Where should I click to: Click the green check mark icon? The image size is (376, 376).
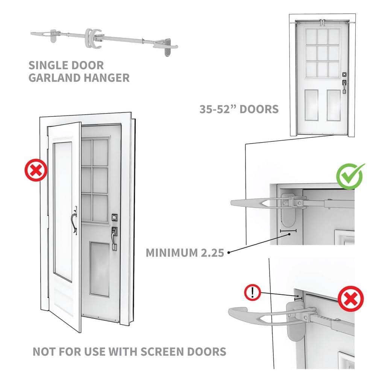pyautogui.click(x=350, y=176)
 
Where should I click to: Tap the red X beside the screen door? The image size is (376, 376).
pyautogui.click(x=36, y=171)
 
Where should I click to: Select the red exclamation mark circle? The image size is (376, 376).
pyautogui.click(x=253, y=292)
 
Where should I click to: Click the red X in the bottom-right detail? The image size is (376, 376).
pyautogui.click(x=350, y=300)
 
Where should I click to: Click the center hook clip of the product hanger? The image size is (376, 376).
pyautogui.click(x=91, y=38)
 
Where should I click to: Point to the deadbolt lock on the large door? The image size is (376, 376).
pyautogui.click(x=115, y=217)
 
